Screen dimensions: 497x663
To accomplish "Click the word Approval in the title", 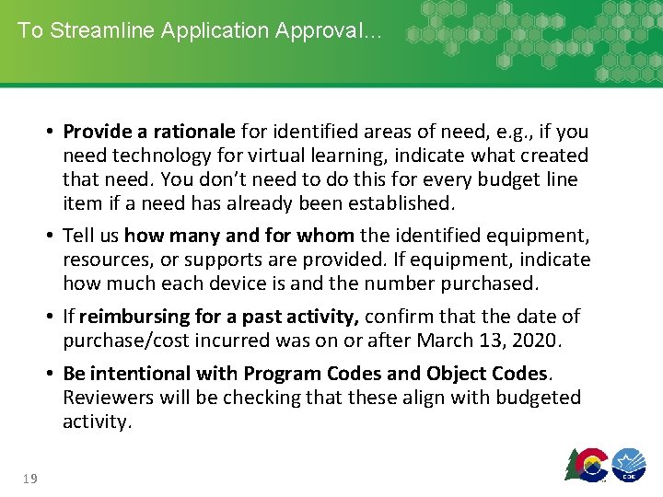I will (329, 29).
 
